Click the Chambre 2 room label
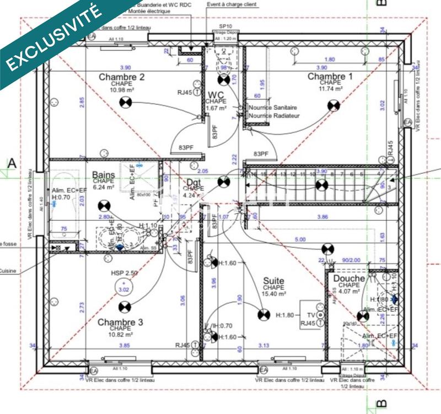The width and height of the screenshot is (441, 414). click(x=121, y=77)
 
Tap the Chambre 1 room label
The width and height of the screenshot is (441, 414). click(x=330, y=76)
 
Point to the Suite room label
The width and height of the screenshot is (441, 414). click(x=273, y=281)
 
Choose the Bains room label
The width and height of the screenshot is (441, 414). click(x=104, y=175)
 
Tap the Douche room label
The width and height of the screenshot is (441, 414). click(x=349, y=279)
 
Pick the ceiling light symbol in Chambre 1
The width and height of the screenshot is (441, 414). click(x=333, y=105)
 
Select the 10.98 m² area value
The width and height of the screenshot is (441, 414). click(x=121, y=90)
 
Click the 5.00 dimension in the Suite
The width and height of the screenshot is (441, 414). click(x=300, y=240)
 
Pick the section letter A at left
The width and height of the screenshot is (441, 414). click(x=11, y=163)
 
